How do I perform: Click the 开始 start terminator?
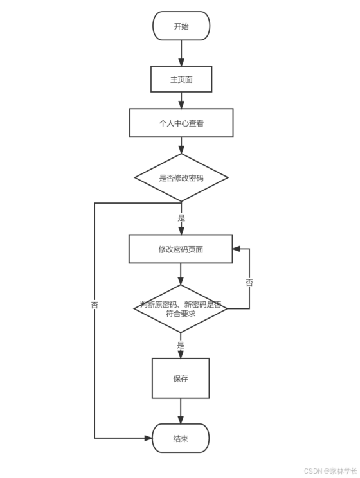coord(181,26)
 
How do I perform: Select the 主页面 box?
coord(181,80)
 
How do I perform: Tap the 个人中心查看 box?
coord(181,123)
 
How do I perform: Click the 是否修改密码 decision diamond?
coord(181,177)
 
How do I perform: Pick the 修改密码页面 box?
coord(181,249)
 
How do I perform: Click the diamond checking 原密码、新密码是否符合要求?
coord(181,309)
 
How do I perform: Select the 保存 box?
coord(181,378)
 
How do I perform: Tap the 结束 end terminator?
coord(181,438)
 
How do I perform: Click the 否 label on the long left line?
coord(94,306)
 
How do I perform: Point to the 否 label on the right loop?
coord(249,282)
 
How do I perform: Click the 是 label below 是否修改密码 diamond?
coord(181,218)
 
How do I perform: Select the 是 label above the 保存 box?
coord(181,345)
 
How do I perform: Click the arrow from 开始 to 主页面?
coord(181,53)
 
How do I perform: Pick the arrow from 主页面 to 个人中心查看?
coord(181,100)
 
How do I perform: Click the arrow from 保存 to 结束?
coord(181,411)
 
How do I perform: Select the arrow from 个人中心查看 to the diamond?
coord(181,145)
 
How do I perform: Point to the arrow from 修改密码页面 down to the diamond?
coord(181,274)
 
